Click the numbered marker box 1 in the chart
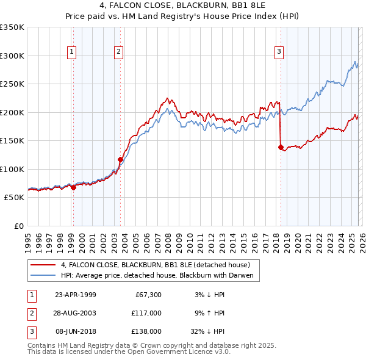(x=72, y=52)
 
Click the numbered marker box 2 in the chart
(x=118, y=52)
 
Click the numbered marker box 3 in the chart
(x=279, y=52)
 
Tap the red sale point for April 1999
(x=73, y=187)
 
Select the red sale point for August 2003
(x=120, y=160)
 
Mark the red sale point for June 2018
(x=281, y=147)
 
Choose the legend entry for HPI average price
(x=160, y=276)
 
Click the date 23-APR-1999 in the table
(x=75, y=295)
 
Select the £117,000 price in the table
(x=147, y=313)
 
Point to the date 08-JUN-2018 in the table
(x=75, y=331)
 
